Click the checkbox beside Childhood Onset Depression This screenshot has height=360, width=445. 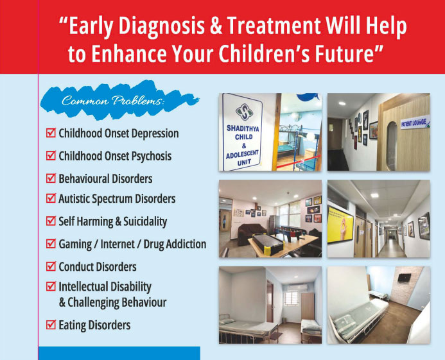(51, 133)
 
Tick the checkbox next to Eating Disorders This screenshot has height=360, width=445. (51, 325)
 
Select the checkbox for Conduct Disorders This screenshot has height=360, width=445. (51, 266)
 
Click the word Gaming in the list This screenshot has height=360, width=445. (75, 244)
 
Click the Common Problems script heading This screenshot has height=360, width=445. (113, 101)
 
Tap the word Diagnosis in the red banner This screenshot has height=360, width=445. (161, 26)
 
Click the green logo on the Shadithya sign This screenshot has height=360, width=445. (244, 112)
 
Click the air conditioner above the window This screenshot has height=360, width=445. (297, 287)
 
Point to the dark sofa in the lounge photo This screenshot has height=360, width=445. (252, 234)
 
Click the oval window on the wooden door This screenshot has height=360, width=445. (392, 146)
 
